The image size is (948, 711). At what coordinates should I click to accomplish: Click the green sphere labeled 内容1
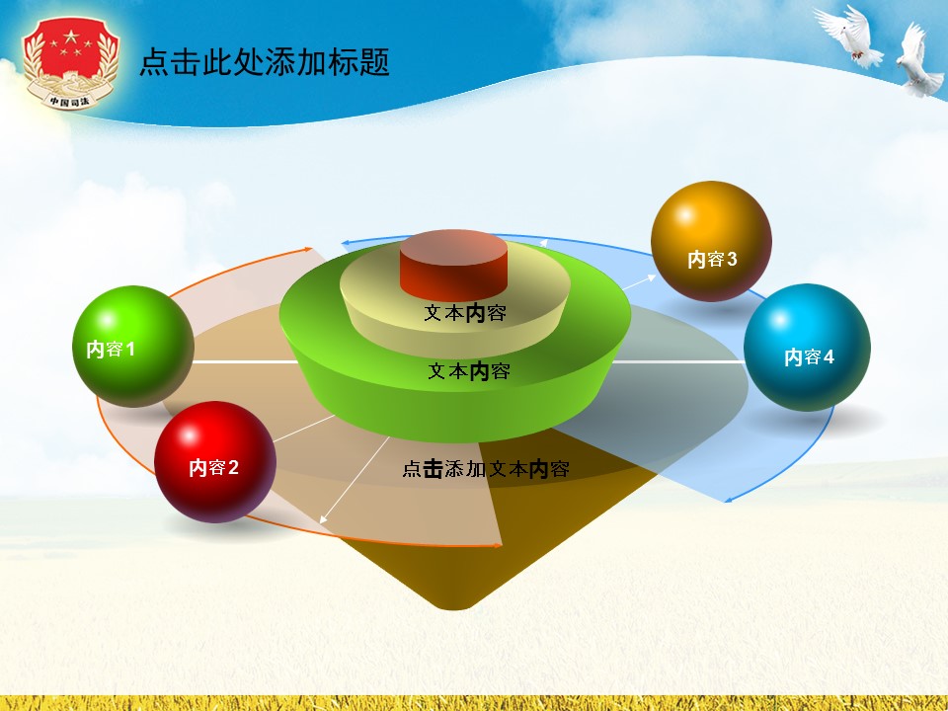pos(132,347)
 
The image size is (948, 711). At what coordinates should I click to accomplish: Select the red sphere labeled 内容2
pos(214,462)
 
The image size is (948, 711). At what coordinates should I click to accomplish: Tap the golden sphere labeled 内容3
pos(711,242)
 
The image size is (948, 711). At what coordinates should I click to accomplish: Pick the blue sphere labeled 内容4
pos(807,348)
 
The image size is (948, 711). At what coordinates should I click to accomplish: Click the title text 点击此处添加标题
pos(265,63)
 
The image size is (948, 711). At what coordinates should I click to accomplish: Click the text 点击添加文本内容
pos(485,470)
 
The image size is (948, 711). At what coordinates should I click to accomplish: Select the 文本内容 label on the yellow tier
pos(465,313)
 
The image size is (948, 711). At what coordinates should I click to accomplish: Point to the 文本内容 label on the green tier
pos(469,371)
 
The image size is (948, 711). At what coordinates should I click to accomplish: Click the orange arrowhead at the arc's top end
pos(311,250)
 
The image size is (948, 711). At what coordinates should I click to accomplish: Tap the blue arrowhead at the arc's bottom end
pos(729,500)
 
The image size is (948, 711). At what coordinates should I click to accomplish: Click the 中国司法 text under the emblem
pos(69,100)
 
